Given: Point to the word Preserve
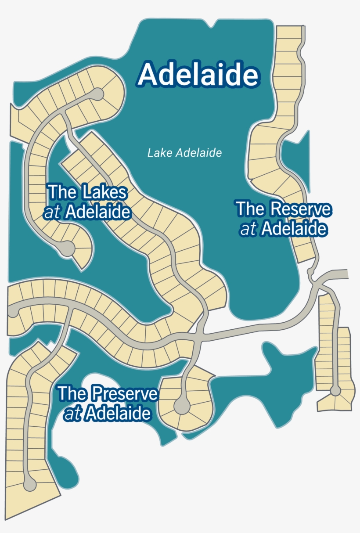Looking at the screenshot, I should coord(126,393).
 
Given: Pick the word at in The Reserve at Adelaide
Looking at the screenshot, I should coord(248,229).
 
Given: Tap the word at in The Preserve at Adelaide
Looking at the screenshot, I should coord(73,414).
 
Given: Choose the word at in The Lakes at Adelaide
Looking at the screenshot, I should coord(51,213).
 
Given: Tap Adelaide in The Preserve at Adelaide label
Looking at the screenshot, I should coord(118,414).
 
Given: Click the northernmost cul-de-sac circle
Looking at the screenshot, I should coord(97,94).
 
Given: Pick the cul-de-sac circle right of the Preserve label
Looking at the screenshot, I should coord(181,406).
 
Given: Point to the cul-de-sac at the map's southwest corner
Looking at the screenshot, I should coord(29,484).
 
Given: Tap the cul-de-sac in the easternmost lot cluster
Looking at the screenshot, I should coord(335,390).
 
